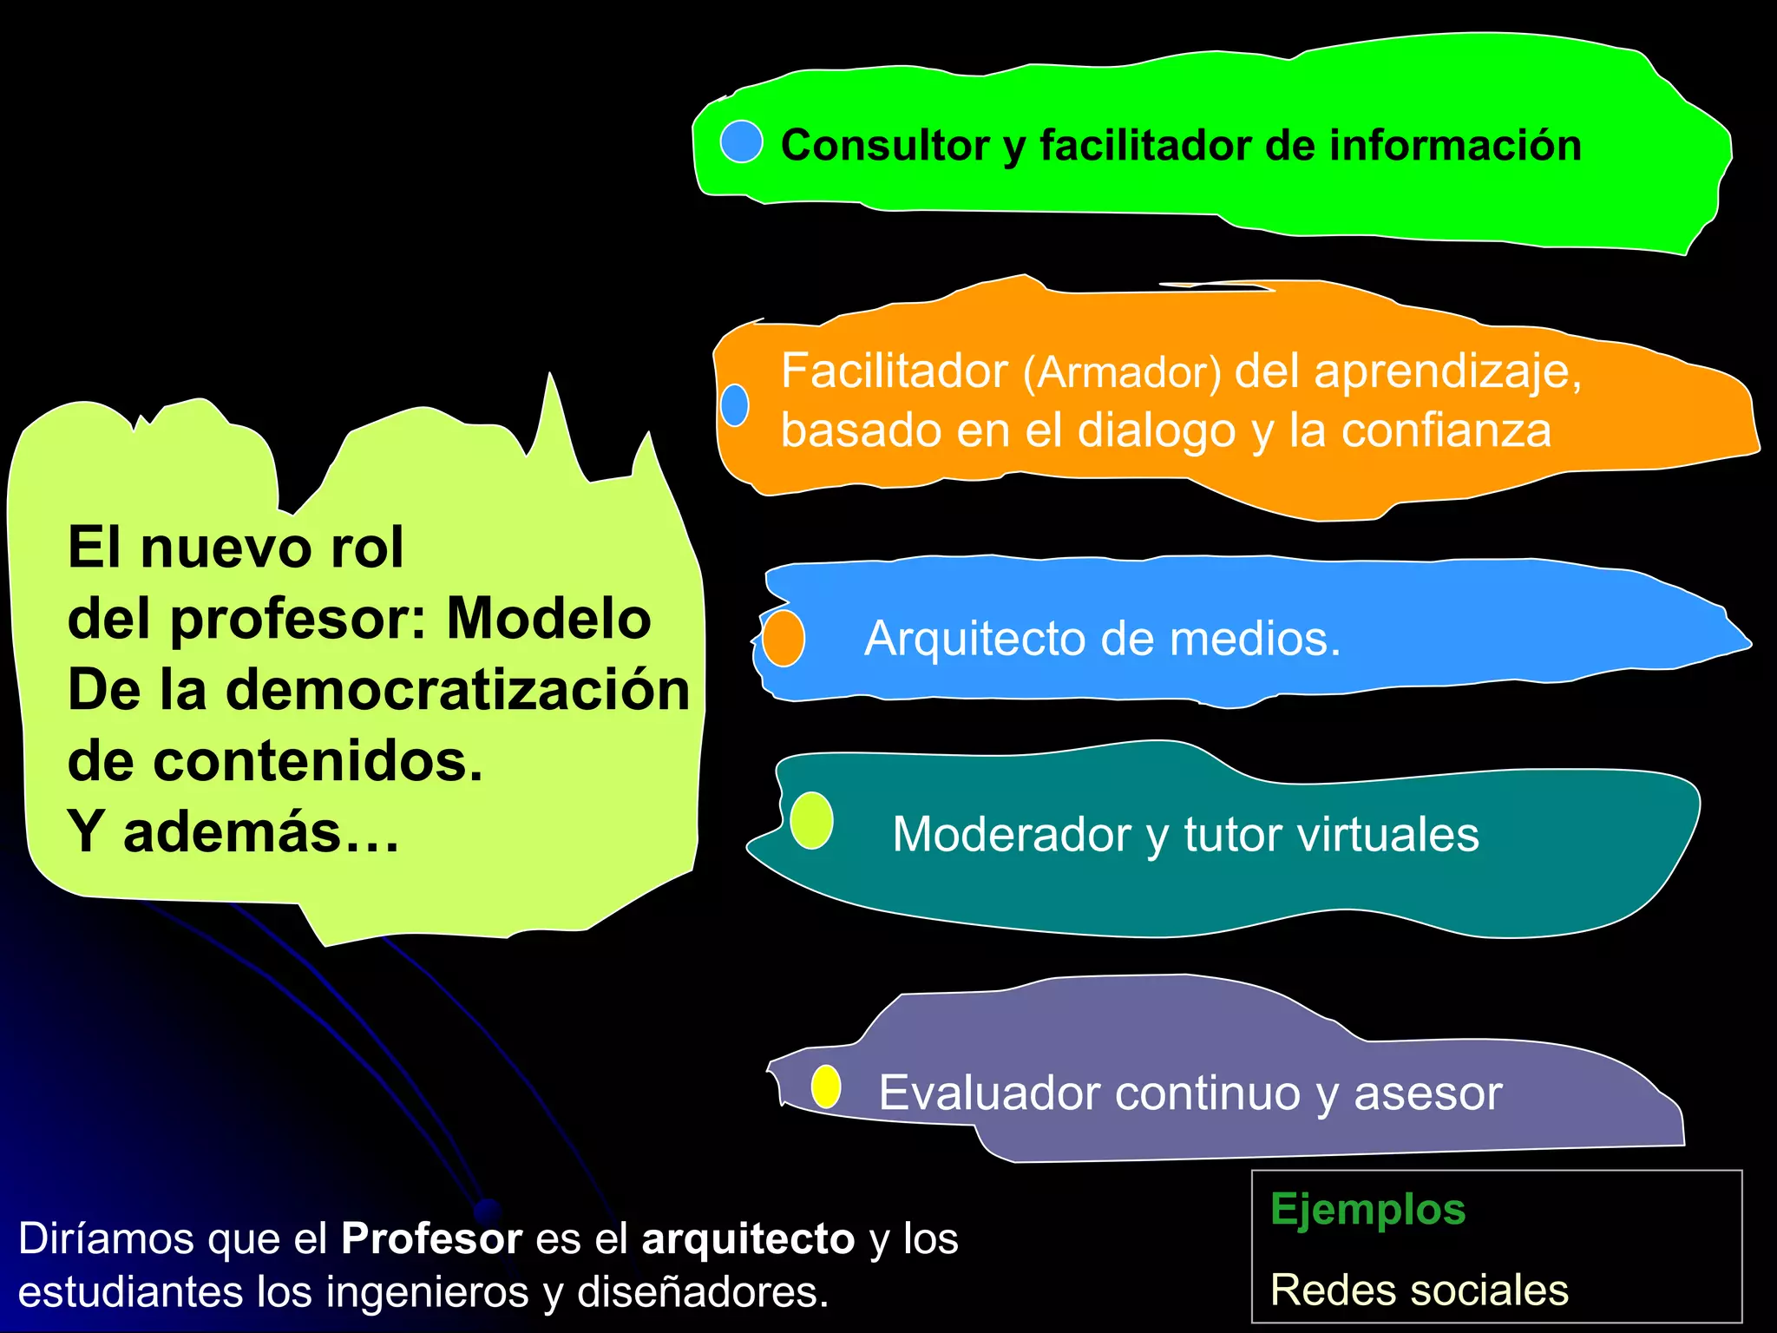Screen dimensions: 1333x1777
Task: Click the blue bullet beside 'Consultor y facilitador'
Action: pos(741,141)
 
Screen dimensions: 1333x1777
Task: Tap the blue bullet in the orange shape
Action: pos(735,405)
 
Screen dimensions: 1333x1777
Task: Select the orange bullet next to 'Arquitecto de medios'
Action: pos(784,638)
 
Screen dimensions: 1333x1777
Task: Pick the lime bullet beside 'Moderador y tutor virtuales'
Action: pos(811,820)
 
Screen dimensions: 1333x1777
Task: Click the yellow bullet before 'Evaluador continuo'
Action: pos(826,1087)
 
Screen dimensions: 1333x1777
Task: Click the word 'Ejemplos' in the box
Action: pos(1367,1209)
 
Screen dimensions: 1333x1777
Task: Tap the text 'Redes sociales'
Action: pos(1419,1290)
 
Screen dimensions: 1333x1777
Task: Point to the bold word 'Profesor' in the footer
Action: pos(431,1238)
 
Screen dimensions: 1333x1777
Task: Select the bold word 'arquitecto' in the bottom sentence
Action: pos(748,1238)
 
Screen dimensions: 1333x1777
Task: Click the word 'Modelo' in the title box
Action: pos(548,619)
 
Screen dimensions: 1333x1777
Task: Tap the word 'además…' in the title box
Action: pos(260,832)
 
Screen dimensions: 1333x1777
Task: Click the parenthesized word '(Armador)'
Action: pos(1122,373)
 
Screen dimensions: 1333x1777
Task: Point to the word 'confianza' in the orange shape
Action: pos(1446,430)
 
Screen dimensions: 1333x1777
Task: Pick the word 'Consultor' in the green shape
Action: pos(884,145)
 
